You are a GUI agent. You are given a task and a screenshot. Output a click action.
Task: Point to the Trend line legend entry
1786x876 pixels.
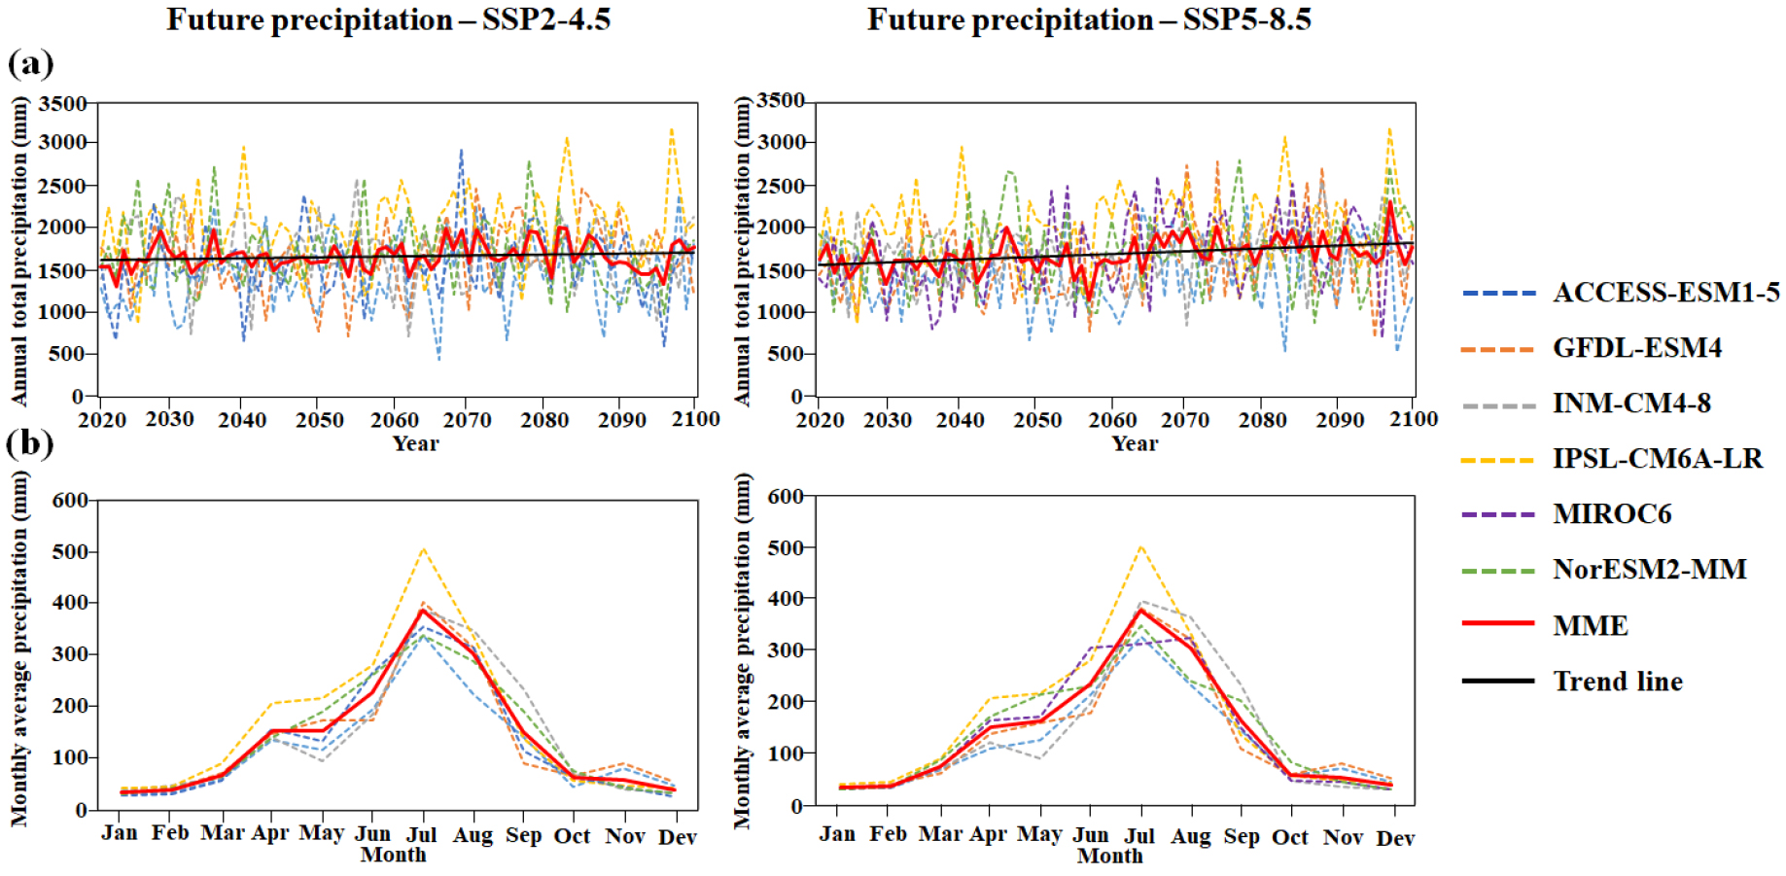pos(1617,681)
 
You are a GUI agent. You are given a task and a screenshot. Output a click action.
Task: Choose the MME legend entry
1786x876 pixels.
pos(1590,625)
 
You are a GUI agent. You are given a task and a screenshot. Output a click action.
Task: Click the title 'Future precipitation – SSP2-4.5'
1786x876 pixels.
pos(388,19)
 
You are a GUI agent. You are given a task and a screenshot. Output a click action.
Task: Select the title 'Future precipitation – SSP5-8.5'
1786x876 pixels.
pos(1089,19)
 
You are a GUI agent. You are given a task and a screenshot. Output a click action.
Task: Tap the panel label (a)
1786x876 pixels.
pos(30,63)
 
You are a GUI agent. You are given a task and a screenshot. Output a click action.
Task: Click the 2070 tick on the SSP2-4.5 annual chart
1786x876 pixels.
pos(468,420)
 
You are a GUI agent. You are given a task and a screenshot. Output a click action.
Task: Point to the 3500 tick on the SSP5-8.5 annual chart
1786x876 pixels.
pos(781,101)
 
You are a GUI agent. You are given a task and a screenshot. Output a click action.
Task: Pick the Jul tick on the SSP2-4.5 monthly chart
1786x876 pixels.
pos(421,834)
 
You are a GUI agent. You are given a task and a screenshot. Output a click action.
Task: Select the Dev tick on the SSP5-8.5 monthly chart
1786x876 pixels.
pos(1395,837)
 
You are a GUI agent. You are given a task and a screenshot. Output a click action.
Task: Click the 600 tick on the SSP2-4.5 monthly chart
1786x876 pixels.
pos(70,501)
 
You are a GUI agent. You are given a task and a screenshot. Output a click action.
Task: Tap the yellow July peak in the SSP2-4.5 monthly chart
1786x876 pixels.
pos(423,550)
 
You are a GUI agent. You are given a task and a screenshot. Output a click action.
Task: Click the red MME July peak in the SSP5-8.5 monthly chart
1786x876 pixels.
pos(1140,611)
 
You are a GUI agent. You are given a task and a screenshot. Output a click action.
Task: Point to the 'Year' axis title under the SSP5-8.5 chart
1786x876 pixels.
pos(1135,443)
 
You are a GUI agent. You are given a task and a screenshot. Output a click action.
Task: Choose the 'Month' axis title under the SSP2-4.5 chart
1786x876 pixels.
pos(393,855)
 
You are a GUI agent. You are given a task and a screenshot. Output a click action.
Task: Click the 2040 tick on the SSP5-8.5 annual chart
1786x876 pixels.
pos(961,420)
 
